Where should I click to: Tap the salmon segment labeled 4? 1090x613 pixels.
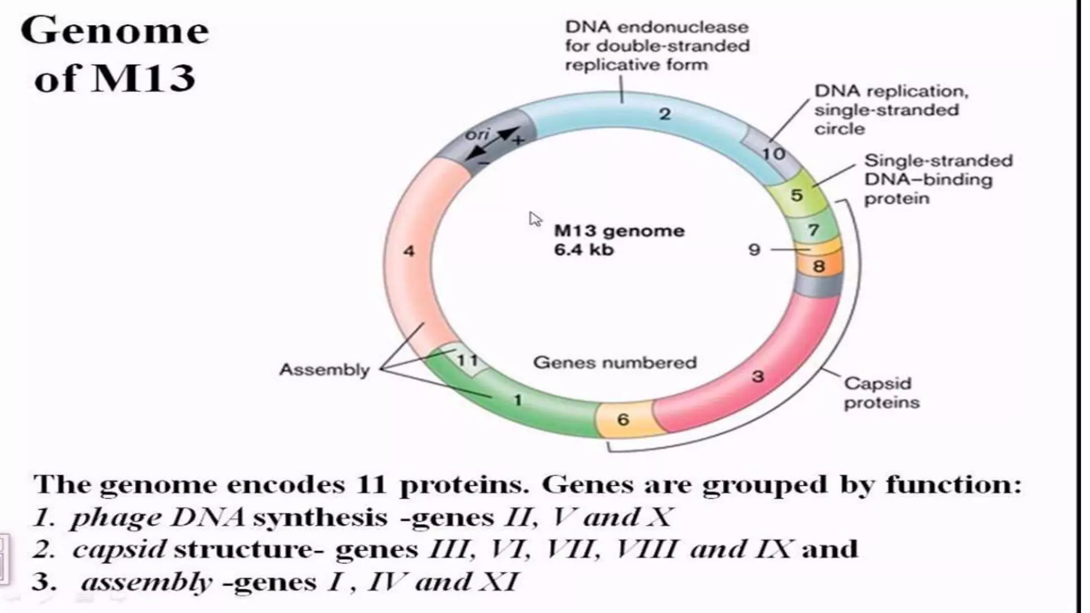coord(409,251)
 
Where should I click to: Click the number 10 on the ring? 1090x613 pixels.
coord(773,154)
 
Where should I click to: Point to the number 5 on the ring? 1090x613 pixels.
coord(796,195)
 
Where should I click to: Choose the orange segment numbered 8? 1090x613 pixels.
coord(819,266)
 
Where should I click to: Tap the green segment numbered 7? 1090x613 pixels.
coord(813,230)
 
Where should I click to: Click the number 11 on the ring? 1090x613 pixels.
coord(467,360)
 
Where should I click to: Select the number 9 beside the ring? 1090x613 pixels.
coord(754,250)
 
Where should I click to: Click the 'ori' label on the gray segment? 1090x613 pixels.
coord(477,135)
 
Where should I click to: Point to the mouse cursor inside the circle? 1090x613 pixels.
coord(534,219)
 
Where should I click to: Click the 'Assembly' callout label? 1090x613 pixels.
coord(324,369)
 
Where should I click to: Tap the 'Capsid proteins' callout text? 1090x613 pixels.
coord(881,393)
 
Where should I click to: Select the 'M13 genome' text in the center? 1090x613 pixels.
coord(619,231)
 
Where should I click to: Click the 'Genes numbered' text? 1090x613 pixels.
coord(615,362)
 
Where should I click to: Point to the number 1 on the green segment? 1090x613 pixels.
coord(518,400)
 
